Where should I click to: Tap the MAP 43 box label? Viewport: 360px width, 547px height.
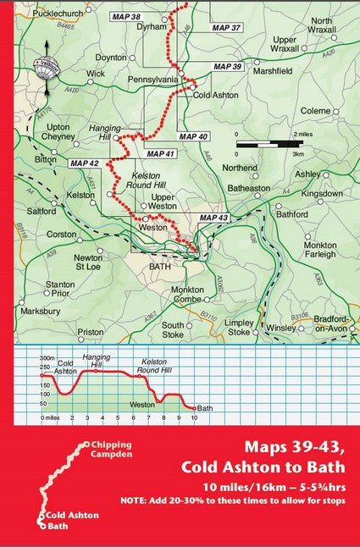(x=213, y=218)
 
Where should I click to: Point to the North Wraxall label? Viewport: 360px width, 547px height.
(x=321, y=25)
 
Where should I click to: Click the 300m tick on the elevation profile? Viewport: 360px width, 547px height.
(x=47, y=358)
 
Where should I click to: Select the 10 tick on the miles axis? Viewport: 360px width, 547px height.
(x=195, y=417)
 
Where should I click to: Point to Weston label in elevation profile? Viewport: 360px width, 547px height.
(x=141, y=406)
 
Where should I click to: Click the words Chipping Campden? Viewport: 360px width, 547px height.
(x=111, y=450)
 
